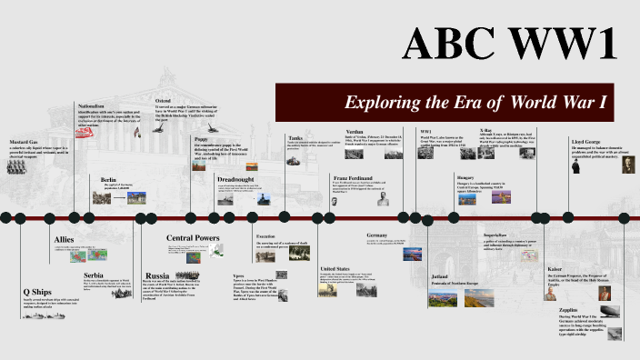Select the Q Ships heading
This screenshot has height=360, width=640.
pos(36,291)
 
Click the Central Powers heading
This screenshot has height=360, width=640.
pos(192,238)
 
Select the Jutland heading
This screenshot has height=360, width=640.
pos(441,275)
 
